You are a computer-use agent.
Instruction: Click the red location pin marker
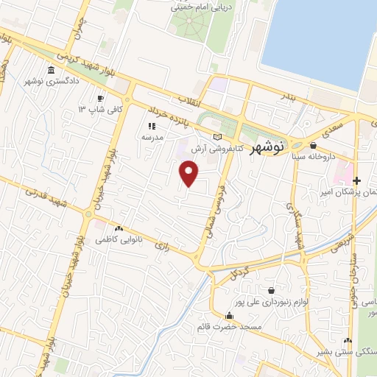189,174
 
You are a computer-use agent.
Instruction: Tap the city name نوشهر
265,148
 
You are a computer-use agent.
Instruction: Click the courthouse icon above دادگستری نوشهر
51,71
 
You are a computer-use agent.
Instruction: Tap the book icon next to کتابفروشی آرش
216,137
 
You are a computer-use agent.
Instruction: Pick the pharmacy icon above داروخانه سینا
313,146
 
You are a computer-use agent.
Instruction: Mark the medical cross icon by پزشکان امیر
357,181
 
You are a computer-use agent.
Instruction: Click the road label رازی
165,246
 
